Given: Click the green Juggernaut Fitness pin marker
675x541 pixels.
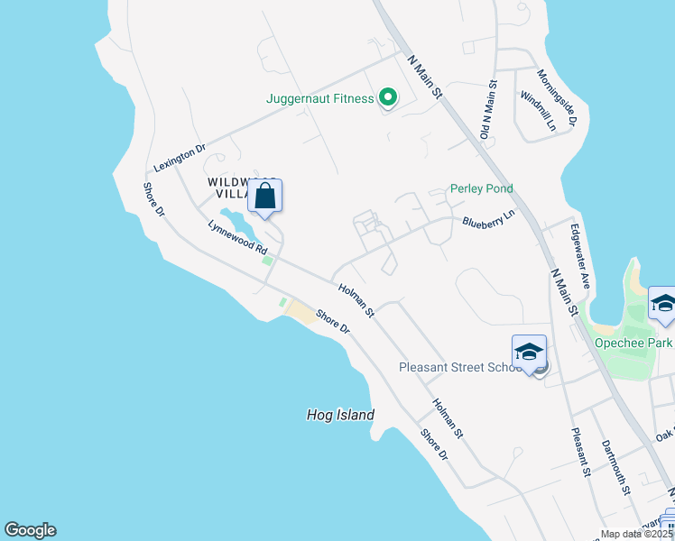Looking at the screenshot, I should pos(388,97).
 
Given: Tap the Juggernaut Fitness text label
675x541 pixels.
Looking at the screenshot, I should pos(320,98).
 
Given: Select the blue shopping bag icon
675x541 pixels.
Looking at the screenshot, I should pos(265,196).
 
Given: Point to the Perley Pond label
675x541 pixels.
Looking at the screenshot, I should pos(482,189).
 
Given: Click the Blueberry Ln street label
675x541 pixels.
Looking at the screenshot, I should pos(487,220).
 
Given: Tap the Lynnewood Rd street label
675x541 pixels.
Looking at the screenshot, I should pos(238,237).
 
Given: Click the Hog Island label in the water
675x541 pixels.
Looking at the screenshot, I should pos(339,415).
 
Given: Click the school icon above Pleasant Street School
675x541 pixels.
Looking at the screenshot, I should pos(529,351).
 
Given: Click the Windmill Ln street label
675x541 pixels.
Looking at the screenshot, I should pos(539,111).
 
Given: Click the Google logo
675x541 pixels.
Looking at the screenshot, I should pos(30,530).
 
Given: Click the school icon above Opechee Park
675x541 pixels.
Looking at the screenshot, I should pos(663,304).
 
